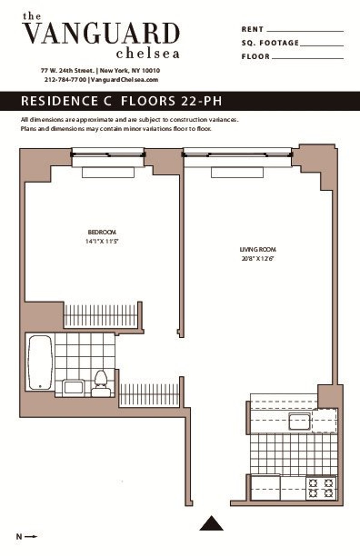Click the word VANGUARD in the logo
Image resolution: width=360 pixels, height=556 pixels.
tap(101, 34)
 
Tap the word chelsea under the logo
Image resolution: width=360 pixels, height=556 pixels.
tap(148, 54)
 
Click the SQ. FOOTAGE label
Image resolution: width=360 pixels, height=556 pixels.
tap(270, 43)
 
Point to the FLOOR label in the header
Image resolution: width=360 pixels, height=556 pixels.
tap(256, 56)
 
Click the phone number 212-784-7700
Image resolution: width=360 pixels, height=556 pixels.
tap(65, 80)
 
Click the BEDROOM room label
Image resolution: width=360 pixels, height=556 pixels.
tap(102, 232)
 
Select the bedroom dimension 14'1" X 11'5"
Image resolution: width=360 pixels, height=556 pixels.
tap(102, 241)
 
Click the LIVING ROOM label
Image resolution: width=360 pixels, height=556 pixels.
tap(258, 249)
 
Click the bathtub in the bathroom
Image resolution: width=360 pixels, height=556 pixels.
tap(40, 362)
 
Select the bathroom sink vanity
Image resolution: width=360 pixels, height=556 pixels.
tap(73, 387)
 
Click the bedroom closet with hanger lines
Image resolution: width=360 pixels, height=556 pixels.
tap(101, 315)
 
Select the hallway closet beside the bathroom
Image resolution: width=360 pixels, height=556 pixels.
tap(149, 394)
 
